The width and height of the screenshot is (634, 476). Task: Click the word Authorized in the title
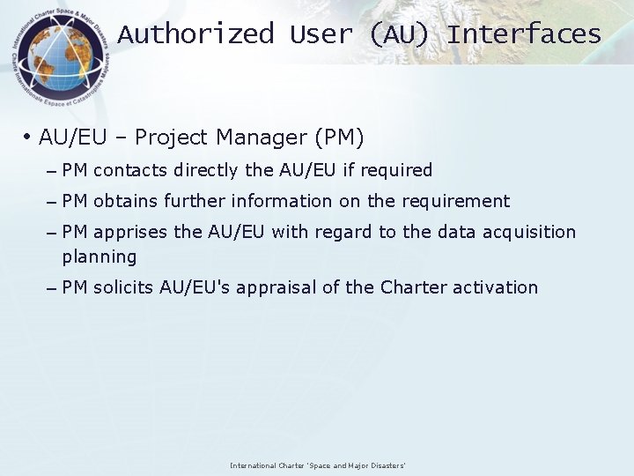(195, 34)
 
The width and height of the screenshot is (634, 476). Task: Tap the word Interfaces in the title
(524, 34)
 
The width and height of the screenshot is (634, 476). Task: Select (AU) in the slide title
(401, 34)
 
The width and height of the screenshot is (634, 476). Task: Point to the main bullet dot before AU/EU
(28, 138)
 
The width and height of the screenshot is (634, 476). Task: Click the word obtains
(127, 201)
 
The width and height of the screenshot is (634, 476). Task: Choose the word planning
(100, 257)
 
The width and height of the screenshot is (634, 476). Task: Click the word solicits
(124, 287)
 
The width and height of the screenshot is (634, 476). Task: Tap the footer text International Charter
(265, 465)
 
